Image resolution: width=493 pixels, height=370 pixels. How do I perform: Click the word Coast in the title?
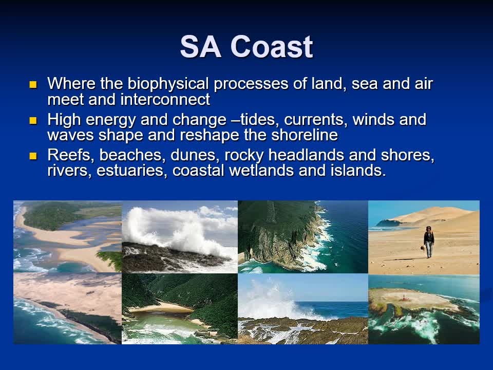pos(272,47)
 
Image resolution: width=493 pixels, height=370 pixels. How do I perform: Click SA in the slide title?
pos(201,47)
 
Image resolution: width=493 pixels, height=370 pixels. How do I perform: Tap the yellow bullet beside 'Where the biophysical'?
pos(33,84)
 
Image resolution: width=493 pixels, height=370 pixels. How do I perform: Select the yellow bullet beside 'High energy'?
pos(33,120)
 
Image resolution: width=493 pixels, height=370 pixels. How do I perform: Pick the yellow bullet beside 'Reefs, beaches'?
pos(33,156)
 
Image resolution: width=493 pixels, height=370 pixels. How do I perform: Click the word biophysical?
pos(168,84)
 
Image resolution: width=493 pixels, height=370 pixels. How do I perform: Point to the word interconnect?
pos(165,99)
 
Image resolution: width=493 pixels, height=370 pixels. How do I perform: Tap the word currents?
pos(316,120)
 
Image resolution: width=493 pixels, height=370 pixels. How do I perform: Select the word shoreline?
pos(305,135)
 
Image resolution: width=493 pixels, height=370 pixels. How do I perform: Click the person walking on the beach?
pos(428,242)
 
